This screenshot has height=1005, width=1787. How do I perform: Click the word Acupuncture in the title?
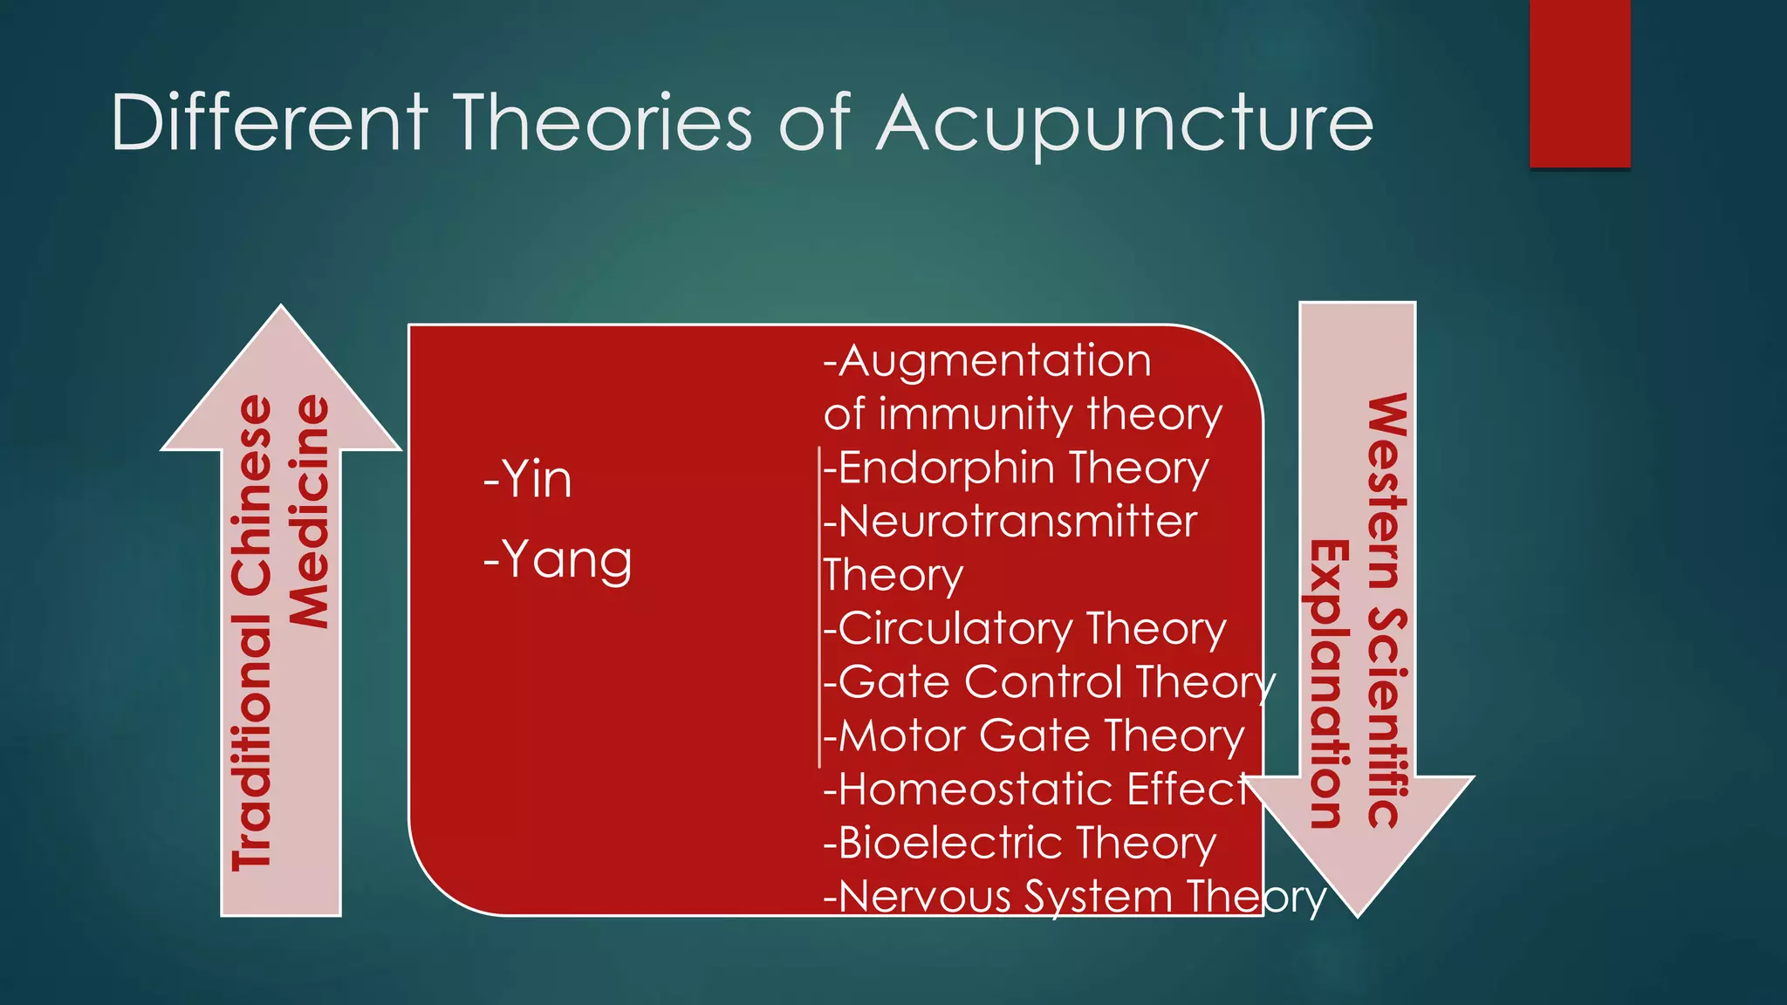click(1125, 123)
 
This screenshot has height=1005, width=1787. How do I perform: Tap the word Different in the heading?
click(269, 123)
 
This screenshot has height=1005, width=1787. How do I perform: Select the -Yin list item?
click(528, 480)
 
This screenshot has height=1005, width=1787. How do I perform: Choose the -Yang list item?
click(558, 560)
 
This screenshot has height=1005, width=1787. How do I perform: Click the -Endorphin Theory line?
click(1016, 468)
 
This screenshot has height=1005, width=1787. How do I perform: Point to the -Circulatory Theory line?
click(1024, 629)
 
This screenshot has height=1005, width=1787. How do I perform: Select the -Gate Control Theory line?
click(1049, 682)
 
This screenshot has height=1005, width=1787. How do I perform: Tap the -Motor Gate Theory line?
click(1033, 736)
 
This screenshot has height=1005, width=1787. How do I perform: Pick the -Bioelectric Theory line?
click(1019, 844)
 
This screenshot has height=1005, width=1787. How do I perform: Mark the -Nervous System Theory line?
click(1074, 897)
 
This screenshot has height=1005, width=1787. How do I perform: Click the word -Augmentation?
click(987, 361)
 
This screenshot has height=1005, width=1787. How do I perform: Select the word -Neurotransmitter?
click(1010, 522)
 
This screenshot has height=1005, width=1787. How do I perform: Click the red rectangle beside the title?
click(1579, 83)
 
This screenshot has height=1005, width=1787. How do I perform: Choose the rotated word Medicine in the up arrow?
click(311, 512)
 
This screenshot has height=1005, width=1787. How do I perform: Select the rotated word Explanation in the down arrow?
click(1329, 683)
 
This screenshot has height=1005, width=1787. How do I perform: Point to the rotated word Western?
click(1386, 489)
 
